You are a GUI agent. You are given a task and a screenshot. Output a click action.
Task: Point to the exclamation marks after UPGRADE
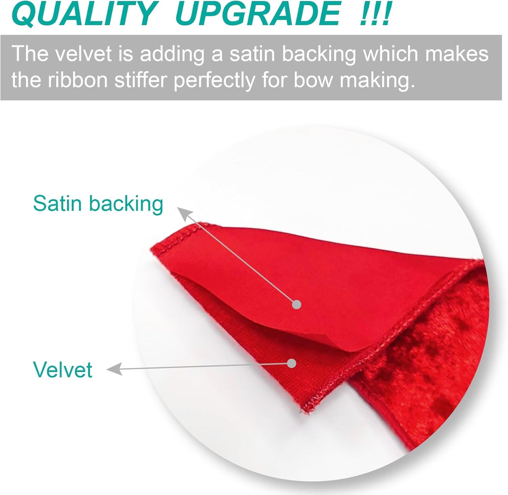(x=375, y=14)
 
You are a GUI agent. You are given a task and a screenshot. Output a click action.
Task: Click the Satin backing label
(x=98, y=204)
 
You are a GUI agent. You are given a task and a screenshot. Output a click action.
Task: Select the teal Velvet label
(x=63, y=370)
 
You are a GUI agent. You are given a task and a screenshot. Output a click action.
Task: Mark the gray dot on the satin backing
(x=297, y=304)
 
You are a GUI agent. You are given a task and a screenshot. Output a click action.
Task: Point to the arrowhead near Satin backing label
(x=184, y=213)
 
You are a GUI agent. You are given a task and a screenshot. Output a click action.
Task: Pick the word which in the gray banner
(x=391, y=54)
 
